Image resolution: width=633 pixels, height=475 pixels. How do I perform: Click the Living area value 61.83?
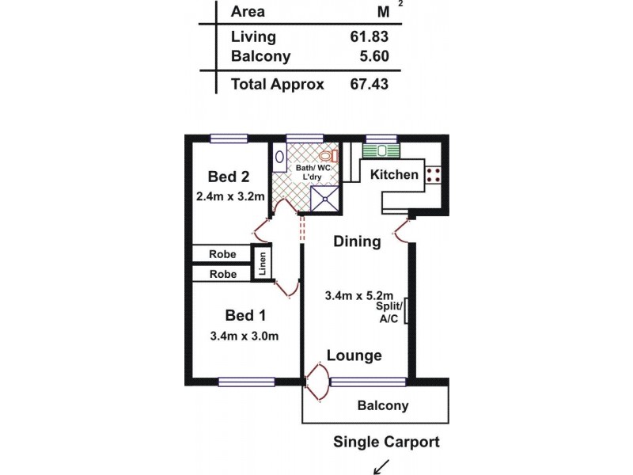coord(368,36)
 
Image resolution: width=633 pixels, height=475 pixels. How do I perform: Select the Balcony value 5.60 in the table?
coord(371,57)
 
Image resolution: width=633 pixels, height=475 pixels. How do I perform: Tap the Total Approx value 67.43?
coord(368,85)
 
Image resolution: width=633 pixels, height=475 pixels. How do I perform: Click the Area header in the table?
coord(248,11)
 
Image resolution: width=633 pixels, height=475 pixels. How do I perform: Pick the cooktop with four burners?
coord(434,174)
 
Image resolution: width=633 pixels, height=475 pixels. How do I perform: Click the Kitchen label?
coord(394,174)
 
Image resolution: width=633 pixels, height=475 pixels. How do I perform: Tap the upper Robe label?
coord(222,254)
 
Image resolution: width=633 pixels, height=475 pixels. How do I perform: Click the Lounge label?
coord(354,356)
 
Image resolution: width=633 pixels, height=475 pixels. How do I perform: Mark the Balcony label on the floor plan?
coord(383,406)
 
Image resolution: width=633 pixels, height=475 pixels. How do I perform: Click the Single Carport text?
coord(386,442)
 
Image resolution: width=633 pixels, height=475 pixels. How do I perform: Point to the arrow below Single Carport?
coord(383,465)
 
